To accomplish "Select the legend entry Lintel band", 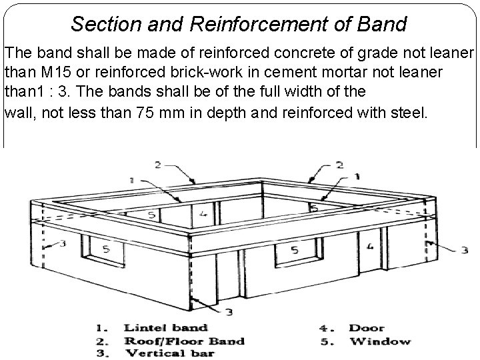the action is coord(165,327).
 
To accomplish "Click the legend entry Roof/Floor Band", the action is coord(184,341).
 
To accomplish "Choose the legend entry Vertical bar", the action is coord(170,353).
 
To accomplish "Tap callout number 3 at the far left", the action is coord(61,243).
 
